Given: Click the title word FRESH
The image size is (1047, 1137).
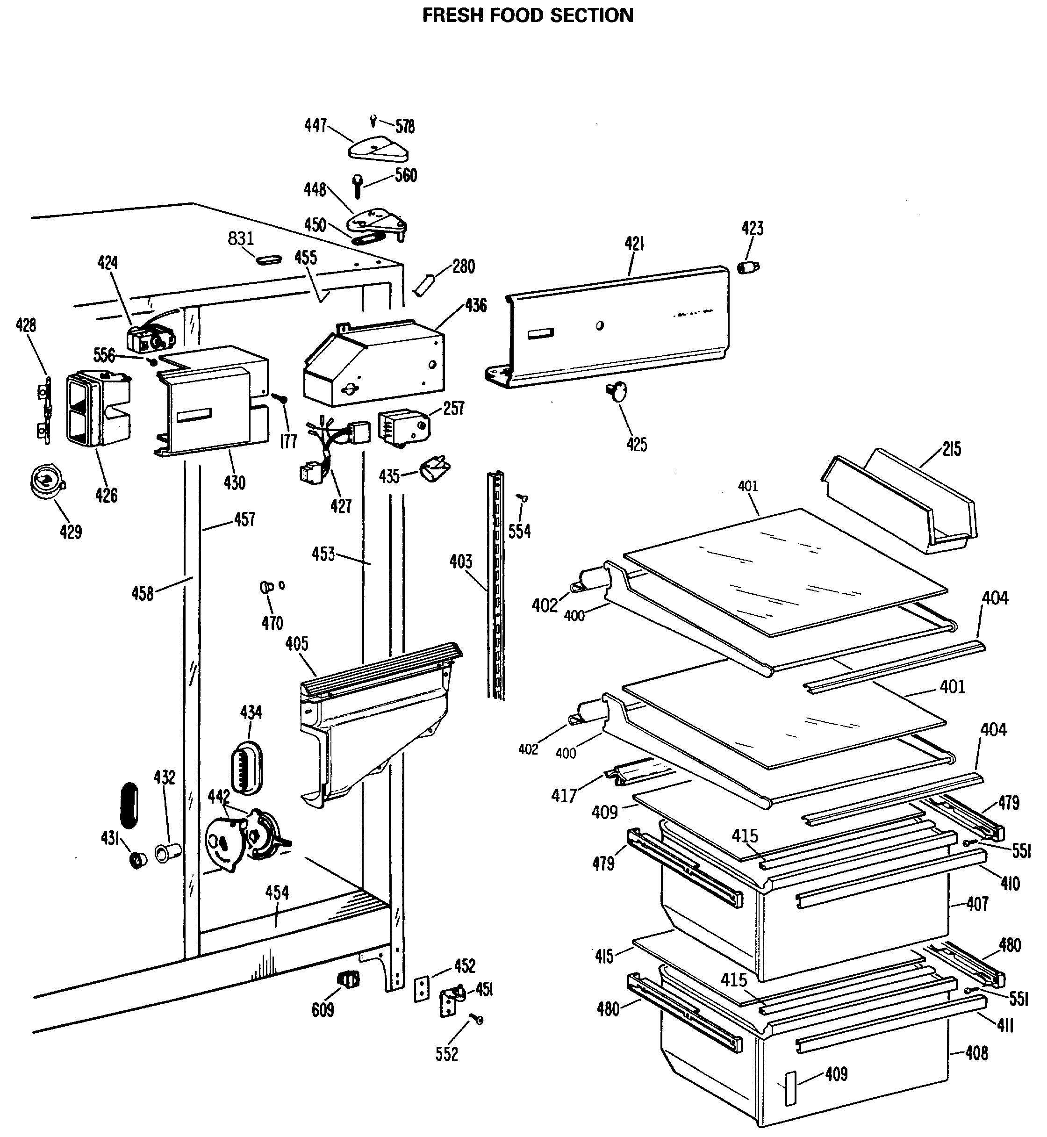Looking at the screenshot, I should click(x=453, y=15).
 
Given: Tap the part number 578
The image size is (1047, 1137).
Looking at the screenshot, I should click(x=405, y=126).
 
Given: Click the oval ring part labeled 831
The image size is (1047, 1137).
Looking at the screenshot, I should click(x=269, y=259).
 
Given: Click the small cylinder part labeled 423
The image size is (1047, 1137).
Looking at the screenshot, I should click(x=749, y=267).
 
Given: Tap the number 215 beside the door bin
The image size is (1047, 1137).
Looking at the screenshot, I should click(x=952, y=449).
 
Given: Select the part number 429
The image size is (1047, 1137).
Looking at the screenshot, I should click(x=71, y=532).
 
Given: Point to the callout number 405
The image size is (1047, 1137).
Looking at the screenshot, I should click(x=297, y=644).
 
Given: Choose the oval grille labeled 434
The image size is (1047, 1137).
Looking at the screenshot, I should click(x=248, y=768).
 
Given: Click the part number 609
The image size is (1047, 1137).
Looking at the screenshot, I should click(x=323, y=1009).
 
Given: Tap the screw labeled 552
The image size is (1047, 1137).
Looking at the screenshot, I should click(x=479, y=1020).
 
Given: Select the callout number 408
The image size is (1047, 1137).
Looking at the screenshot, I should click(x=977, y=1053).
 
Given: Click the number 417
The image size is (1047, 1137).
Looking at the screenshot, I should click(x=564, y=796).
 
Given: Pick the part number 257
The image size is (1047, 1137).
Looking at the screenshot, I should click(x=454, y=408).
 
